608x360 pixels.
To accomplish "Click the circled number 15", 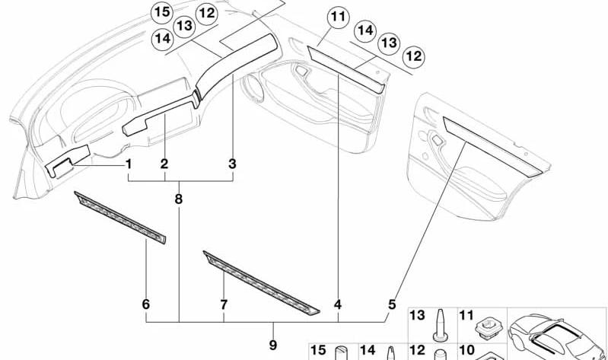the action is tap(163, 12).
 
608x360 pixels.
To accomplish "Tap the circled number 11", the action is tap(338, 17).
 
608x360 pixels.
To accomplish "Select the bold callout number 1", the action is tap(129, 164).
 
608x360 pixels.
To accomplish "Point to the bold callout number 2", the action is tap(164, 164).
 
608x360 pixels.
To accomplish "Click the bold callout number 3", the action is tap(232, 164).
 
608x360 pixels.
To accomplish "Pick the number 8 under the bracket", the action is tap(178, 199).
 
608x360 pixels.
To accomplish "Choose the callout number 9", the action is tap(273, 345).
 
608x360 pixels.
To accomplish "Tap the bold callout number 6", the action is tap(146, 304).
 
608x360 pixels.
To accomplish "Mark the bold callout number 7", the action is tap(224, 304).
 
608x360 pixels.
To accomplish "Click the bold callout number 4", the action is tap(338, 304).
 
